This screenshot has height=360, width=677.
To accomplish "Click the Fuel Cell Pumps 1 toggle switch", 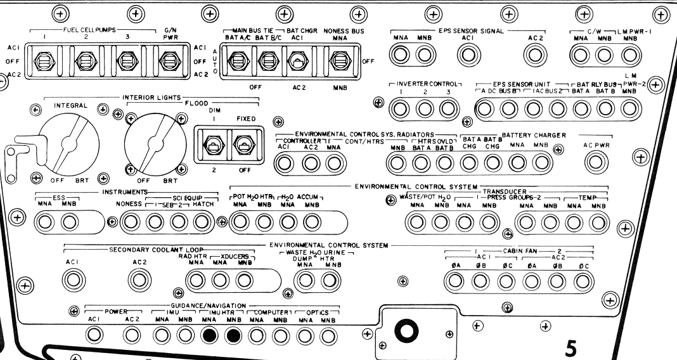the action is click(44, 61).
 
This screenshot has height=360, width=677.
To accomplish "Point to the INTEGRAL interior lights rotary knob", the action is click(68, 144).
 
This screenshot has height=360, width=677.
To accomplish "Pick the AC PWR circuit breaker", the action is click(596, 162).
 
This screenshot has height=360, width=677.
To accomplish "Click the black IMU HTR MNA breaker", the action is click(210, 335).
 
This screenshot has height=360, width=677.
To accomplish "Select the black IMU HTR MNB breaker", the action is click(233, 335).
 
